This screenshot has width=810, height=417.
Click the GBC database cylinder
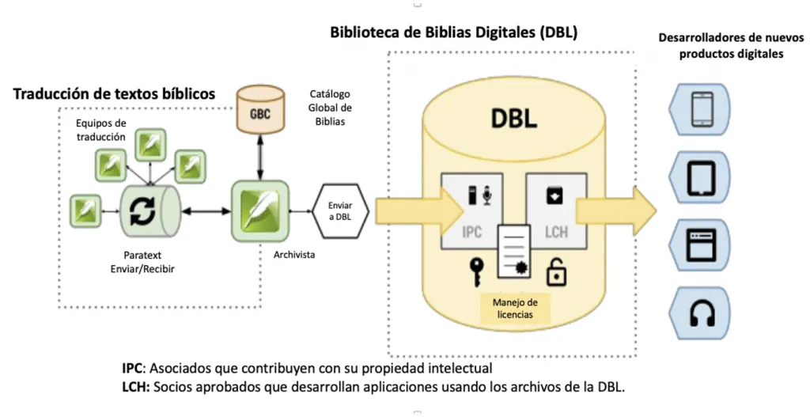(x=259, y=112)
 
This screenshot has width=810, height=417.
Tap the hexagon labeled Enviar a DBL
(x=340, y=210)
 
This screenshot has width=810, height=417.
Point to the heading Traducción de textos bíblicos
(x=114, y=94)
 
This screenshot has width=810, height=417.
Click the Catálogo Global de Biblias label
(x=330, y=108)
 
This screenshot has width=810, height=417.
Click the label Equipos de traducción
(x=100, y=130)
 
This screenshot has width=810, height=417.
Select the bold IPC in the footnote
(x=133, y=368)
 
